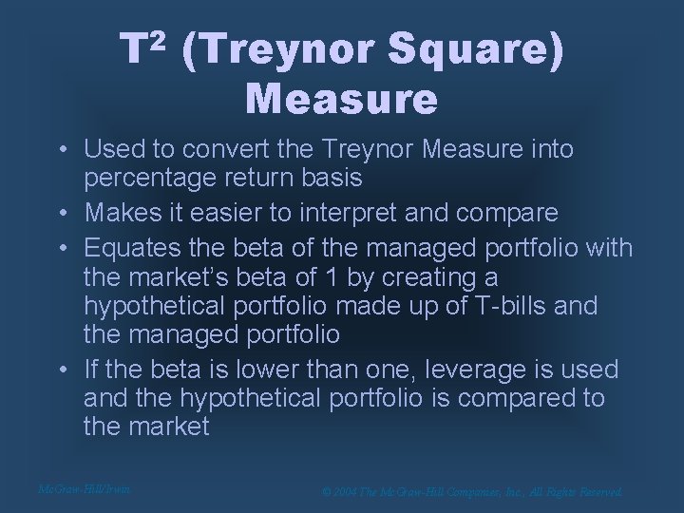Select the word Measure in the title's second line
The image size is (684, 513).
click(x=342, y=98)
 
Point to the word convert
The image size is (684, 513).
click(x=229, y=149)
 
